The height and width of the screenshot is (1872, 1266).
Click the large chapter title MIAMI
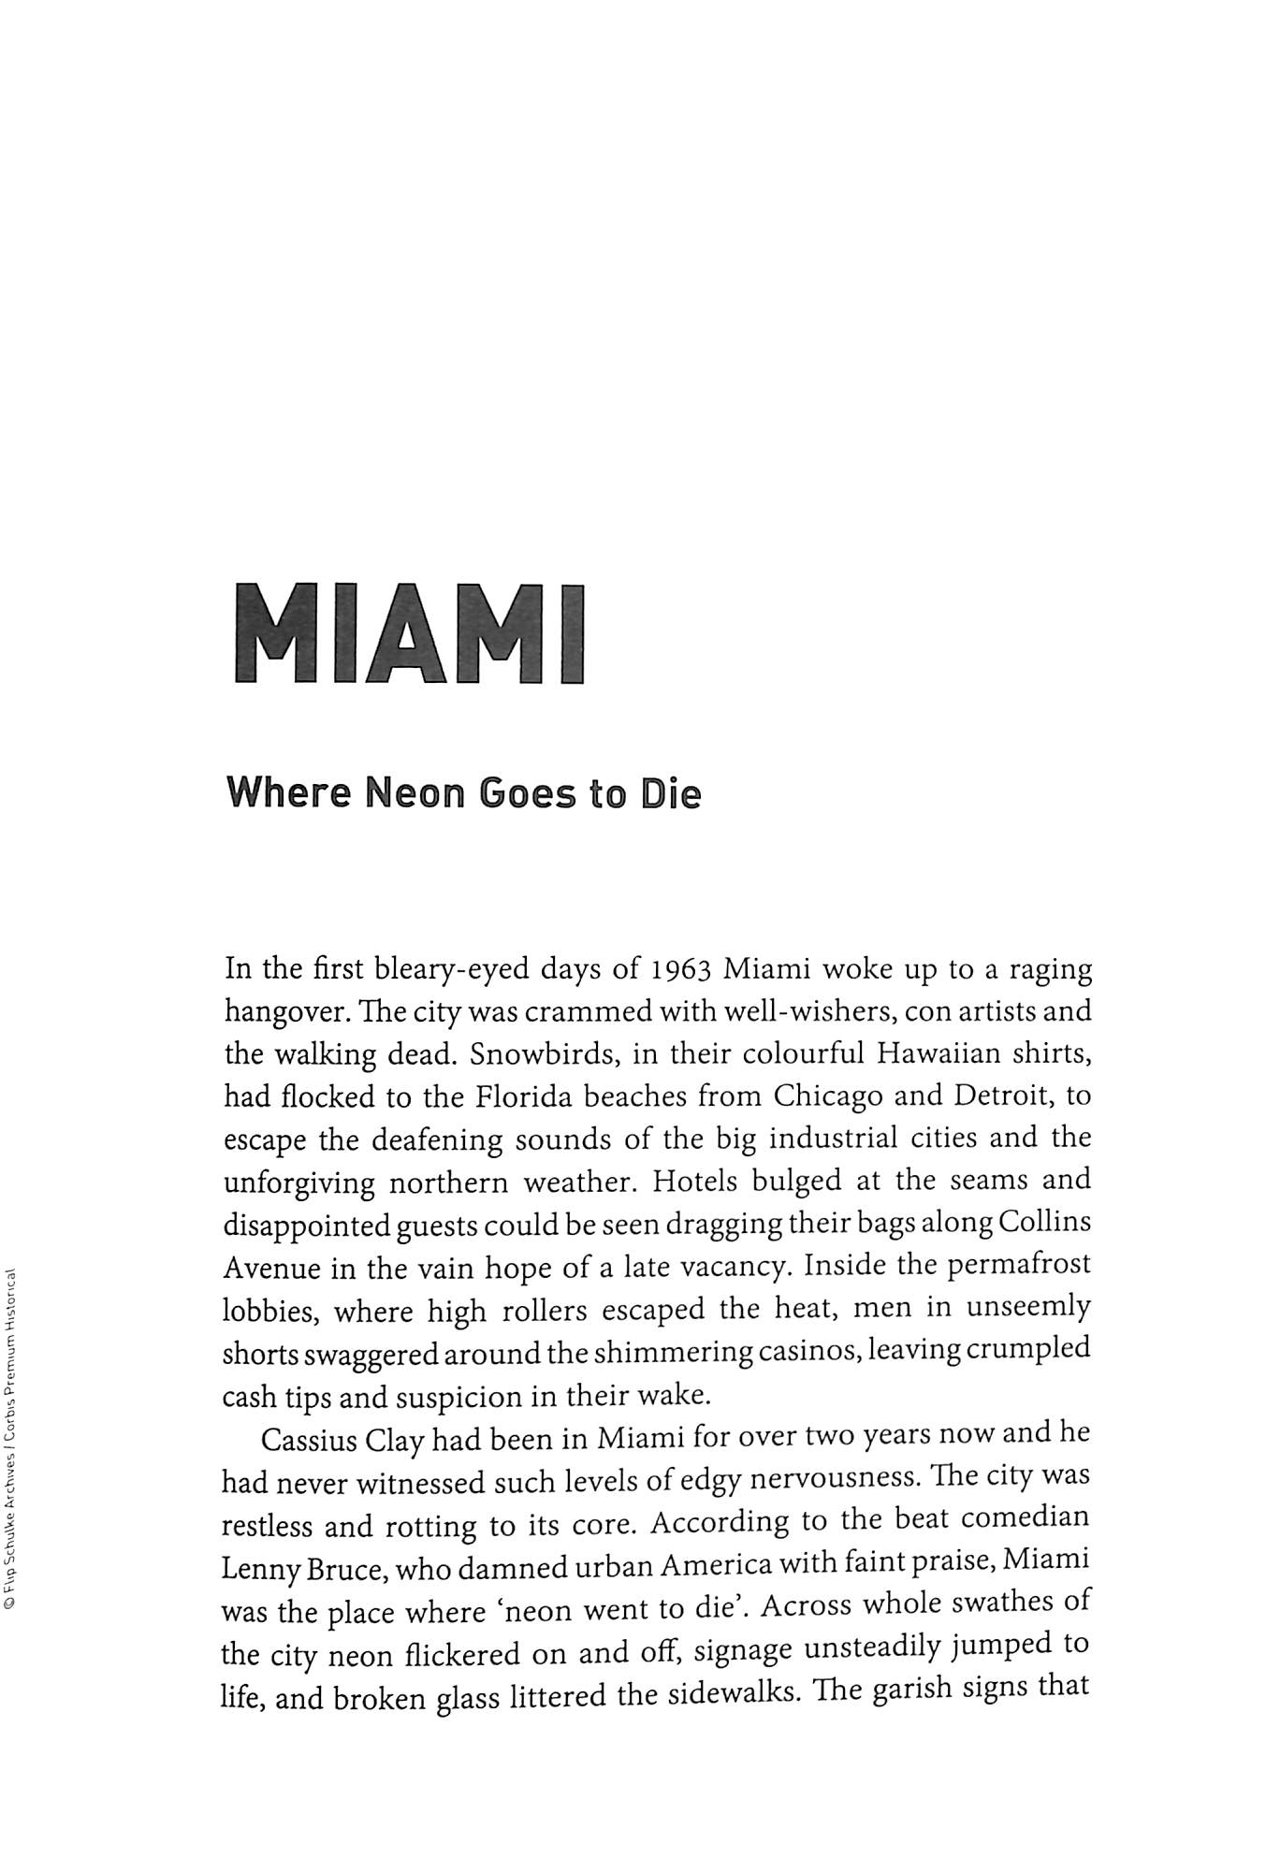click(x=409, y=633)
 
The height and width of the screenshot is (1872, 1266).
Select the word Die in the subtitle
click(x=671, y=794)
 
